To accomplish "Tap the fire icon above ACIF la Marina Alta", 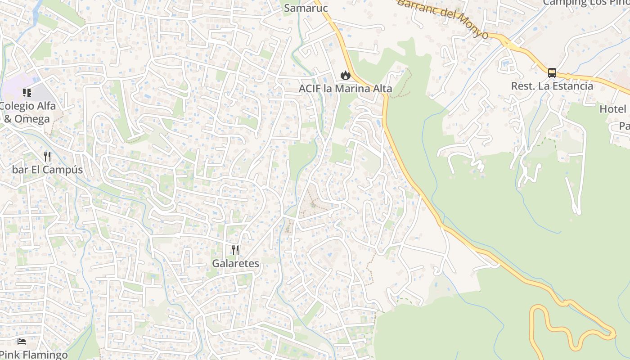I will click(x=345, y=75).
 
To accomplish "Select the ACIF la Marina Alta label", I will click(x=345, y=89).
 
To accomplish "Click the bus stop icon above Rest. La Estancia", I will click(x=552, y=73).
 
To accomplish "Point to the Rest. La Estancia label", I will click(x=552, y=85).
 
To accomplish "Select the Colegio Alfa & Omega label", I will click(x=28, y=112).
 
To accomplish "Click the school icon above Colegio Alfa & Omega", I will click(x=27, y=93).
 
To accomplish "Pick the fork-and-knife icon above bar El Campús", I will click(x=47, y=157).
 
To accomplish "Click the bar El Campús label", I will click(x=48, y=170).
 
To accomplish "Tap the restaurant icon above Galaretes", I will click(x=235, y=250).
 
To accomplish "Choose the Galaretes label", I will click(x=235, y=263).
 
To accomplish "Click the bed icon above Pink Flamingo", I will click(x=22, y=342).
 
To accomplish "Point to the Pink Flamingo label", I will click(x=34, y=355).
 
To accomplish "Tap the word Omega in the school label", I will click(x=32, y=119).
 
